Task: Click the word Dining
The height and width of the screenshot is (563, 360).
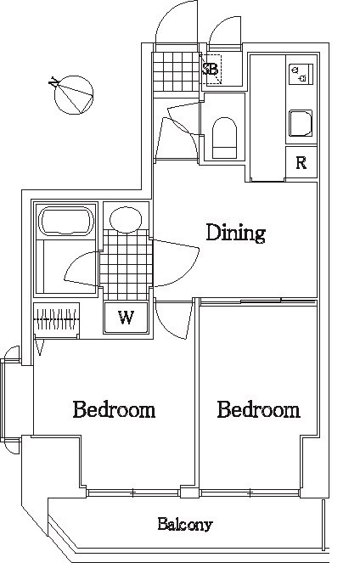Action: click(x=235, y=233)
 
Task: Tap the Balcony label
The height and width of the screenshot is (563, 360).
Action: click(x=185, y=525)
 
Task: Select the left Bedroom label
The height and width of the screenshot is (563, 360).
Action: click(x=114, y=409)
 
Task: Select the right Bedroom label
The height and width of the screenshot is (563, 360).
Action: click(x=258, y=409)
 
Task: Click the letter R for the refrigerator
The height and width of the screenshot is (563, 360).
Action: click(x=301, y=163)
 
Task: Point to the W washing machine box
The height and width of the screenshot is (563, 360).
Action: click(x=126, y=318)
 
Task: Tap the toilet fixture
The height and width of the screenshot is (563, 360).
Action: click(x=225, y=138)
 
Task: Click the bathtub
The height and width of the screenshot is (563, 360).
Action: click(x=66, y=221)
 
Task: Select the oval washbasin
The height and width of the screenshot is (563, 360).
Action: click(x=126, y=220)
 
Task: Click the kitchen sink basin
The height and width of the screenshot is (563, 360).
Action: click(x=301, y=123)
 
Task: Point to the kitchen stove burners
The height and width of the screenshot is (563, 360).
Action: click(x=301, y=75)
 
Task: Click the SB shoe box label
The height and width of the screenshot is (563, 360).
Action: click(x=211, y=69)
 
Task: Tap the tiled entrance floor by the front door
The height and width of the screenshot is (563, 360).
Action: click(x=177, y=72)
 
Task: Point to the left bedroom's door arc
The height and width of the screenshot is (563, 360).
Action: click(x=173, y=320)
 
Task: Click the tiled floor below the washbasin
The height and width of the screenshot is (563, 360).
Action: click(x=127, y=264)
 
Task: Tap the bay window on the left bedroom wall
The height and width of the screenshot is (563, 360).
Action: click(x=12, y=399)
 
